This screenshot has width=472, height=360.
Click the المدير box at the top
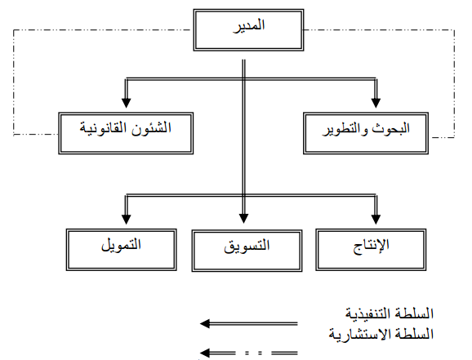click(248, 30)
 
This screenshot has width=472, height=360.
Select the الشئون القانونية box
click(126, 133)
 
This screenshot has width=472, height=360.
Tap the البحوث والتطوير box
click(366, 133)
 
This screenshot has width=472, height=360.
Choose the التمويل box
click(122, 250)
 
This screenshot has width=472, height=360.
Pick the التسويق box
click(247, 251)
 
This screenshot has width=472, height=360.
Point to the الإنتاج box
click(371, 250)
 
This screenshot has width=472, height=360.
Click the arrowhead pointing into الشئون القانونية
click(126, 103)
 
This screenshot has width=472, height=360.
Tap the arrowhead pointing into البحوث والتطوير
click(376, 103)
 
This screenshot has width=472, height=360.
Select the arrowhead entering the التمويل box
click(126, 220)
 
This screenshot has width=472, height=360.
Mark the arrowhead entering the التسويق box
click(243, 219)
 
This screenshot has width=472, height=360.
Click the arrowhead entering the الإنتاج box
click(376, 220)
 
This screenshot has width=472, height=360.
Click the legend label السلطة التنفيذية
click(390, 314)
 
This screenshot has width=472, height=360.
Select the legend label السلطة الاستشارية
click(381, 335)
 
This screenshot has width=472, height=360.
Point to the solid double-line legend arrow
click(248, 323)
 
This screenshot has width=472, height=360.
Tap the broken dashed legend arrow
click(248, 353)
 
